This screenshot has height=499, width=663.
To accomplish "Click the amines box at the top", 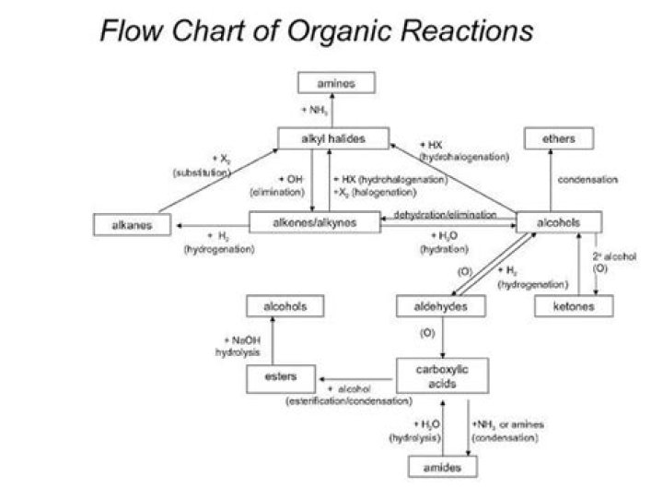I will [335, 83].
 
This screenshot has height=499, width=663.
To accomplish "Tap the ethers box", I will [559, 138].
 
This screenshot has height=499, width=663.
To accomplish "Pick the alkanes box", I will [134, 223].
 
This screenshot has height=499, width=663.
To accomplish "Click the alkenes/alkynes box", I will [315, 221].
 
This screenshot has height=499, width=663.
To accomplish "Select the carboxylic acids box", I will [441, 374].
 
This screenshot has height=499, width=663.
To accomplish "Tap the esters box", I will [280, 376].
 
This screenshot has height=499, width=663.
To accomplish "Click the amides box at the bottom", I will [443, 468].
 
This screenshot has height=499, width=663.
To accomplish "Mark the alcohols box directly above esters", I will [285, 305].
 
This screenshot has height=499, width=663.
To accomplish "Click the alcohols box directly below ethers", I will [559, 222].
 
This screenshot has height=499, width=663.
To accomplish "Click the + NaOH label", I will [239, 339].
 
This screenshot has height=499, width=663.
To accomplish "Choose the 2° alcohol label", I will [613, 255].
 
